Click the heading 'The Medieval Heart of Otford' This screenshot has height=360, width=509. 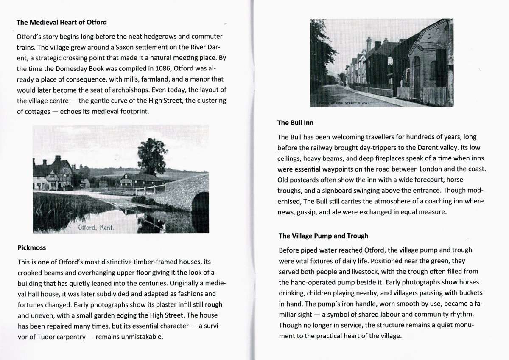62,22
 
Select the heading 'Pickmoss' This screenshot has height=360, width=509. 32,247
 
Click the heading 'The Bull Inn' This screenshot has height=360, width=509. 296,123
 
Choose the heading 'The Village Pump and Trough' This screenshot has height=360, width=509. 323,236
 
